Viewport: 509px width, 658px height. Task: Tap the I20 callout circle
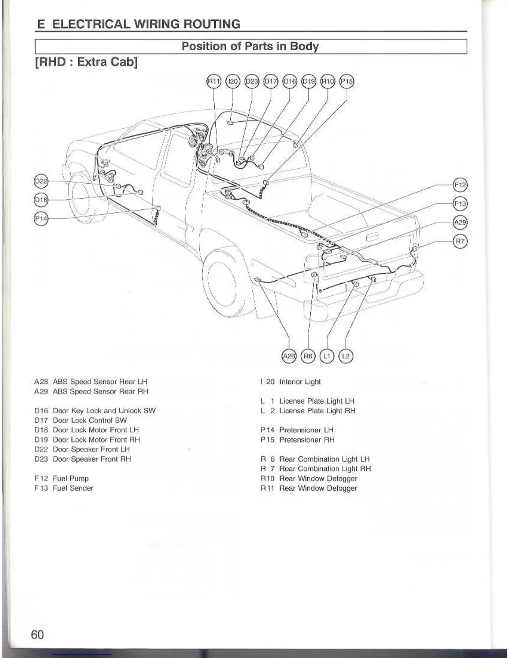click(232, 81)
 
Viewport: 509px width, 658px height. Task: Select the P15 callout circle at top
click(347, 81)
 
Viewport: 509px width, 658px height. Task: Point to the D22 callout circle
click(41, 181)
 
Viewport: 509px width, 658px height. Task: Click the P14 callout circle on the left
click(41, 219)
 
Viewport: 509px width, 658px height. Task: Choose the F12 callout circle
click(460, 185)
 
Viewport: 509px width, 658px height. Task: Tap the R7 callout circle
click(460, 241)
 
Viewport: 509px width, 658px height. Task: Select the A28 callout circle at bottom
click(289, 356)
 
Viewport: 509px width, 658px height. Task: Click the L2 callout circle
click(346, 356)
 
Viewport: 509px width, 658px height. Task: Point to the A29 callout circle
click(460, 223)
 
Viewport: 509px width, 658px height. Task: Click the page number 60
click(37, 634)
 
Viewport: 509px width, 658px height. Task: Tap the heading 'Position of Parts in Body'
click(250, 46)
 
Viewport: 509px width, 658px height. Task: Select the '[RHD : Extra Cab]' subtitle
click(86, 62)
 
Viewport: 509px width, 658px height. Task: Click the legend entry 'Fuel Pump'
click(71, 479)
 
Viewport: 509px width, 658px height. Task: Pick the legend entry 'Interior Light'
click(300, 382)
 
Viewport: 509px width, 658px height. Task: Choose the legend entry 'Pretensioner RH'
click(307, 440)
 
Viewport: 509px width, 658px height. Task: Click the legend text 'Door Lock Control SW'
click(90, 420)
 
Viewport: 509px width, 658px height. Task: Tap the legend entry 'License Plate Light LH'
click(317, 401)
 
